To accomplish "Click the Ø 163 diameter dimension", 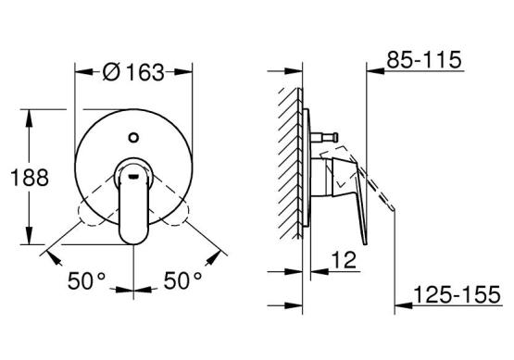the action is (133, 72).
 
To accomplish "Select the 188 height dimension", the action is (30, 178).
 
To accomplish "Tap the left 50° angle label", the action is (86, 280).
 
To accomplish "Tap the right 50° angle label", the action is (182, 280).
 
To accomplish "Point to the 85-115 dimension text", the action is (424, 60).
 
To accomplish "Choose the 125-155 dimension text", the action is (458, 294).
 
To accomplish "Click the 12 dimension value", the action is (344, 260).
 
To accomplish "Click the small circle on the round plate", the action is (133, 137).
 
